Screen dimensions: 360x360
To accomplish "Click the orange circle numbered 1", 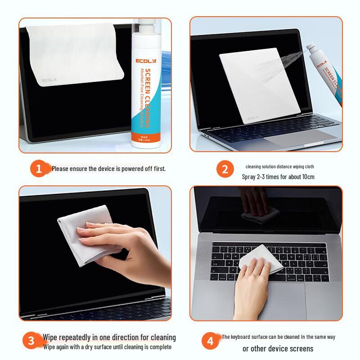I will pyautogui.click(x=39, y=169).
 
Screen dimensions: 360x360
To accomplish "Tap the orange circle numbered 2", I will pyautogui.click(x=225, y=170).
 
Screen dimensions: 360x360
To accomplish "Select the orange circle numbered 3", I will pyautogui.click(x=31, y=341).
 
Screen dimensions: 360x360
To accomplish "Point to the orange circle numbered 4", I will pyautogui.click(x=211, y=341).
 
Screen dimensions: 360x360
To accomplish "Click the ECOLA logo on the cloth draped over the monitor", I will pyautogui.click(x=49, y=81).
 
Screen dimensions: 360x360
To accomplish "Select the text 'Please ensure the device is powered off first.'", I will pyautogui.click(x=108, y=169).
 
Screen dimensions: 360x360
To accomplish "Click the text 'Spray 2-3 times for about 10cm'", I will pyautogui.click(x=278, y=177).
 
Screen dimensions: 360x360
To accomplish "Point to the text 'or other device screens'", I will pyautogui.click(x=278, y=348).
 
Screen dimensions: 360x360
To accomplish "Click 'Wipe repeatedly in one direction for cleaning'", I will pyautogui.click(x=109, y=337).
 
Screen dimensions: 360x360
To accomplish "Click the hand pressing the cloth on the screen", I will pyautogui.click(x=97, y=245).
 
